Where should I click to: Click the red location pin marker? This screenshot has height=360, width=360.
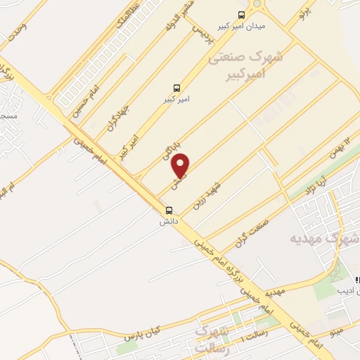181,166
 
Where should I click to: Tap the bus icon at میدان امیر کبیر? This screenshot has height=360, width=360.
242,13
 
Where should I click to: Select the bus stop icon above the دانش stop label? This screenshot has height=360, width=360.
169,210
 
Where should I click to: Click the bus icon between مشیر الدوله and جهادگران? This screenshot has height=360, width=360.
176,88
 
